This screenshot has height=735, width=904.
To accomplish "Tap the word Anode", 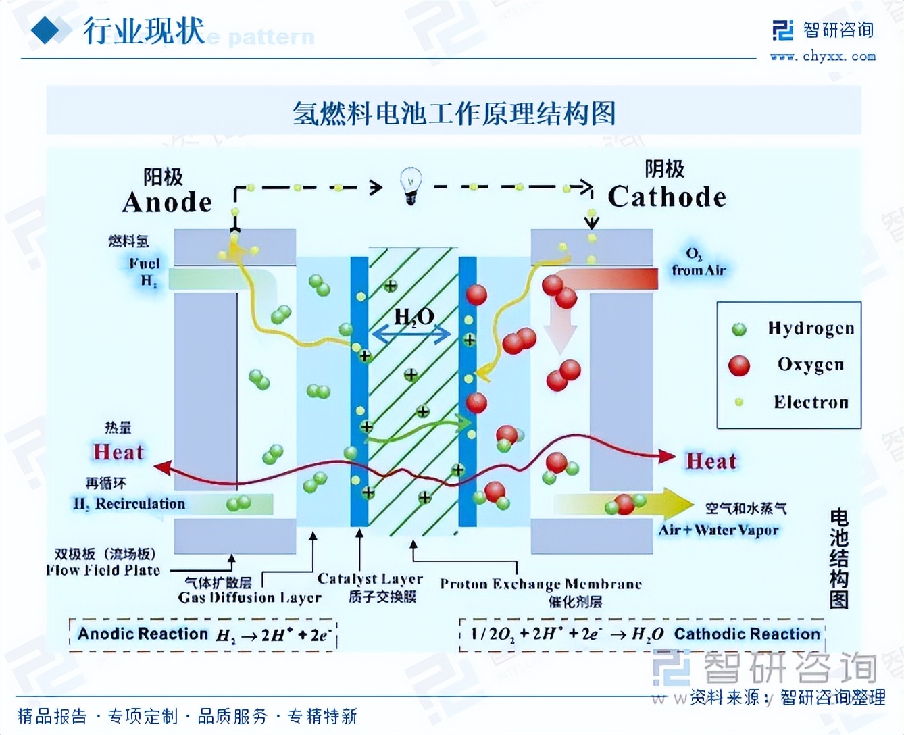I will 167,202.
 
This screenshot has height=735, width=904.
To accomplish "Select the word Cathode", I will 666,197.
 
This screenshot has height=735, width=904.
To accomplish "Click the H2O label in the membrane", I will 413,316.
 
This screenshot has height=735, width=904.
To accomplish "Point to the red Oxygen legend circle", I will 738,365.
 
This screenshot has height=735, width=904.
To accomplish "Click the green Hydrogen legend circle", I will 738,329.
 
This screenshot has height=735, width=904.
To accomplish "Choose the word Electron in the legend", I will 811,402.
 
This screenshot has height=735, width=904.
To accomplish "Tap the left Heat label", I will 118,451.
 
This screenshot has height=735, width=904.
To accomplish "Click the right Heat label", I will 711,461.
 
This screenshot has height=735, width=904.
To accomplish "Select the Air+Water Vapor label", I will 719,530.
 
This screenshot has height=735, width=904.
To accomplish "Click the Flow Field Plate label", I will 103,570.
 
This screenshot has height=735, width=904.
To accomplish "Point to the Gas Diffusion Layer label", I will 249,597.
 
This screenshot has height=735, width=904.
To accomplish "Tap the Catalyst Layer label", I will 370,579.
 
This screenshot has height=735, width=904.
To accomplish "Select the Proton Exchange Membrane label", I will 541,584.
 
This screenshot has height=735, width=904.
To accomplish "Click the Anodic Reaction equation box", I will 203,634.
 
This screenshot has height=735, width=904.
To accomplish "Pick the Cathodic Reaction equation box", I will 642,634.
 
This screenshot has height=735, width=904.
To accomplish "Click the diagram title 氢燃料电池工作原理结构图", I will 453,113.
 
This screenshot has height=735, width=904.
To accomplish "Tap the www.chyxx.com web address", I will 822,57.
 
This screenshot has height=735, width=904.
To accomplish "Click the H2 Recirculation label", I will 129,504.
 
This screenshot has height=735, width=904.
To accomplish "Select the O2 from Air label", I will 698,263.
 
